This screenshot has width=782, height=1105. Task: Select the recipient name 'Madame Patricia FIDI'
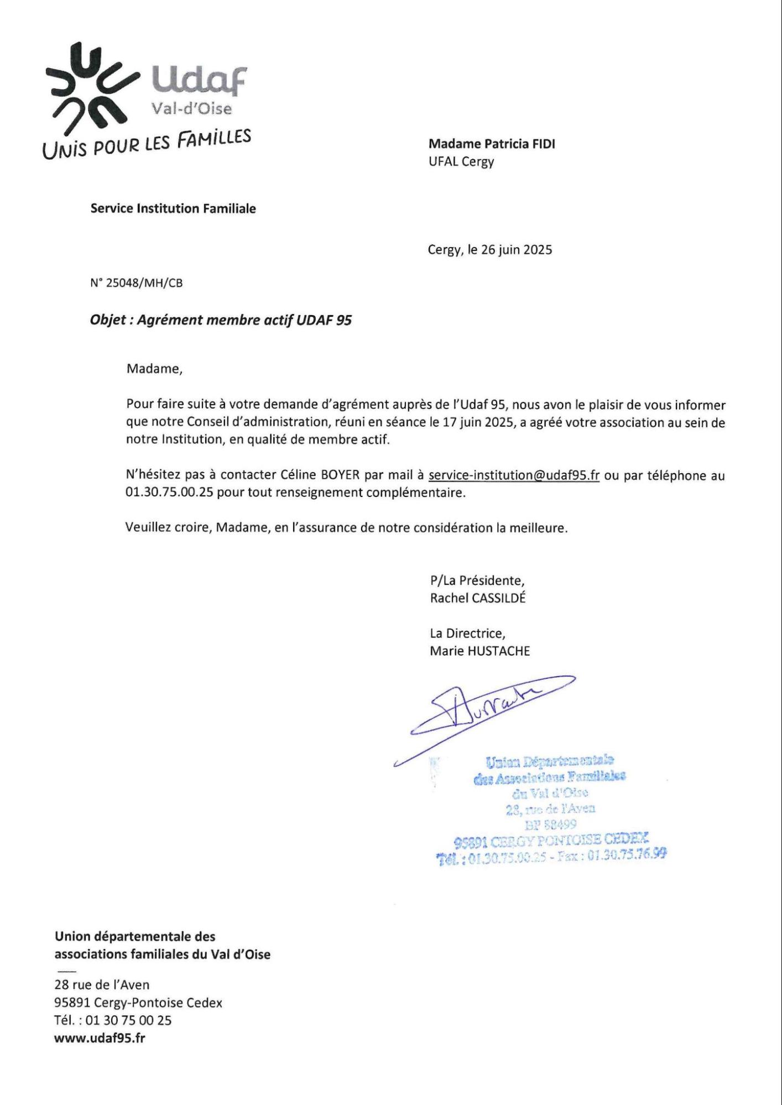(492, 144)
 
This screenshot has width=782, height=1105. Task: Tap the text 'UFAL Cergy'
(461, 162)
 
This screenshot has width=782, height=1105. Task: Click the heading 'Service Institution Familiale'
(173, 209)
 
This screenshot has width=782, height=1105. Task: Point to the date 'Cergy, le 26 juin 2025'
(490, 250)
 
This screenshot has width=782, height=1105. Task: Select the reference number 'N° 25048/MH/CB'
(136, 284)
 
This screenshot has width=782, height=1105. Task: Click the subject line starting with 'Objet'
(221, 321)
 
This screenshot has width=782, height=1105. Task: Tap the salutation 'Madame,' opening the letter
(154, 369)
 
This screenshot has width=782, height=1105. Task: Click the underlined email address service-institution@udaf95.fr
(514, 475)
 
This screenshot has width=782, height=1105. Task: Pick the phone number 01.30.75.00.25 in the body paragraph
(169, 493)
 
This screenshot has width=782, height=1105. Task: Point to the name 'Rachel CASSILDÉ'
(478, 598)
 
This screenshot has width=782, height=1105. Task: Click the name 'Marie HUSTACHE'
(479, 651)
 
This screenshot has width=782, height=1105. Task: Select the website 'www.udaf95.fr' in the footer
(100, 1038)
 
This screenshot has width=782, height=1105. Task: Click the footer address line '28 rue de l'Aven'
(102, 984)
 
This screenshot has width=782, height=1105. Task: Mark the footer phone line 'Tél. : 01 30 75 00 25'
(113, 1020)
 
